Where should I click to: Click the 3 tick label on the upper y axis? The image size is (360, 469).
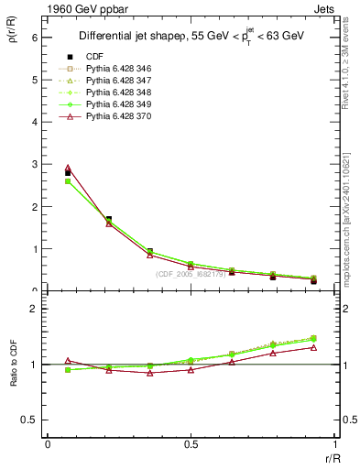point(36,165)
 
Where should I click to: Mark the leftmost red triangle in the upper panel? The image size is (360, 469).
point(68,168)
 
